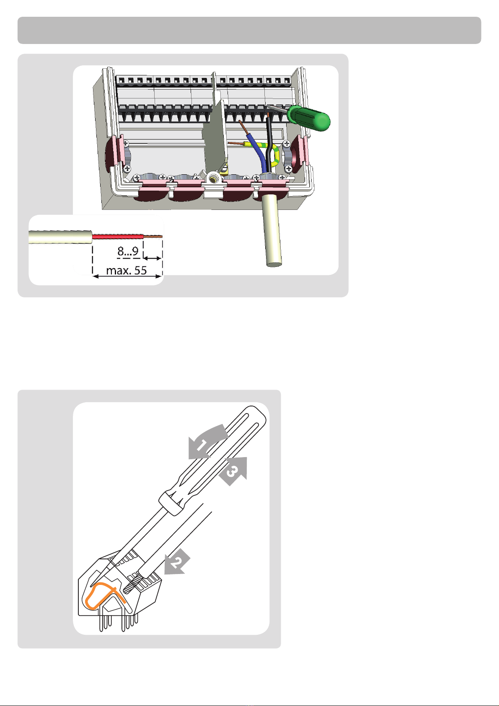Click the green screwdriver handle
tap(309, 118)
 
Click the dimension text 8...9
tap(128, 251)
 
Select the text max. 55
tap(127, 270)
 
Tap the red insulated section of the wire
tap(118, 236)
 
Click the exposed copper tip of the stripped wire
tap(153, 236)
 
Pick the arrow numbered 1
tap(207, 441)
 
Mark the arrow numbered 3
tap(234, 471)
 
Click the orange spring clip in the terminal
tap(103, 595)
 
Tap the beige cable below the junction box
tap(272, 230)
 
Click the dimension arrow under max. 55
tap(127, 277)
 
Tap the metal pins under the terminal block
tap(119, 622)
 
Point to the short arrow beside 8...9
tap(153, 259)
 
